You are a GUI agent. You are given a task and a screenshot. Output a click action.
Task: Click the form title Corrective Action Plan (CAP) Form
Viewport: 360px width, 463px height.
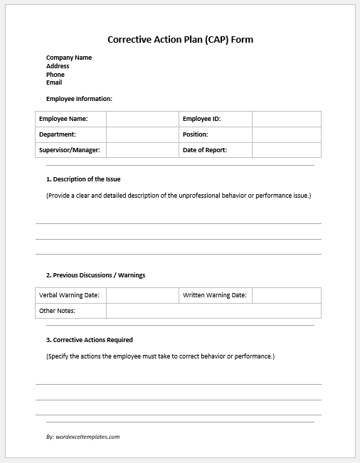click(180, 40)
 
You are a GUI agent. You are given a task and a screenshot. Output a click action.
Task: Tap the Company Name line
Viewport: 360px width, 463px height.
click(69, 58)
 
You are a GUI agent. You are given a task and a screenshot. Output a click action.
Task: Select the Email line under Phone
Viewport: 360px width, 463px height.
click(54, 83)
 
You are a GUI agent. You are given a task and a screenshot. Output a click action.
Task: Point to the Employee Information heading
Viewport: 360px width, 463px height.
click(79, 99)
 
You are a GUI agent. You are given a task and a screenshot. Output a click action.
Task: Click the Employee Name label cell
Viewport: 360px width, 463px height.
click(70, 119)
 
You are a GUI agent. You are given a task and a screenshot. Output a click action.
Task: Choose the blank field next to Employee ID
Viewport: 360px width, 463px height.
click(286, 119)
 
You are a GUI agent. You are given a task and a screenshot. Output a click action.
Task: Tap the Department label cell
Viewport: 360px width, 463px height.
click(70, 134)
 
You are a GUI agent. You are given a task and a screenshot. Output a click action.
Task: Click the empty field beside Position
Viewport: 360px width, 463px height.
click(286, 134)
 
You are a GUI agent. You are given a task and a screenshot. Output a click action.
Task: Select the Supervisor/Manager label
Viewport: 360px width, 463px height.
click(70, 150)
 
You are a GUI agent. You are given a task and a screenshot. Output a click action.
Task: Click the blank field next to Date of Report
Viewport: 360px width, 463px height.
click(286, 150)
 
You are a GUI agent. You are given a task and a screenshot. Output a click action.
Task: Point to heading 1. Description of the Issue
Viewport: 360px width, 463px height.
click(83, 179)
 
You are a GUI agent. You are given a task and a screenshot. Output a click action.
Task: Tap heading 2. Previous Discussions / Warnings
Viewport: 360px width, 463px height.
click(95, 275)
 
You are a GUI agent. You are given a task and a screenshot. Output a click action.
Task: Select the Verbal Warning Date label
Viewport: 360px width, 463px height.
click(70, 295)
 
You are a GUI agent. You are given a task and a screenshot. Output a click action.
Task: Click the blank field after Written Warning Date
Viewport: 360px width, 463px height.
click(286, 295)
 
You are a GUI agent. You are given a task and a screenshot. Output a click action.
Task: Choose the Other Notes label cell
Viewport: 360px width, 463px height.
click(70, 311)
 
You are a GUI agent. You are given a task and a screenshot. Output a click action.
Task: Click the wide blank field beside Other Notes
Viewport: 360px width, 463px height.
click(213, 311)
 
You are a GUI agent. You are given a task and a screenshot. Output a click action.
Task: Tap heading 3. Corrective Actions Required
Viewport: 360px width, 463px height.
click(89, 340)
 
